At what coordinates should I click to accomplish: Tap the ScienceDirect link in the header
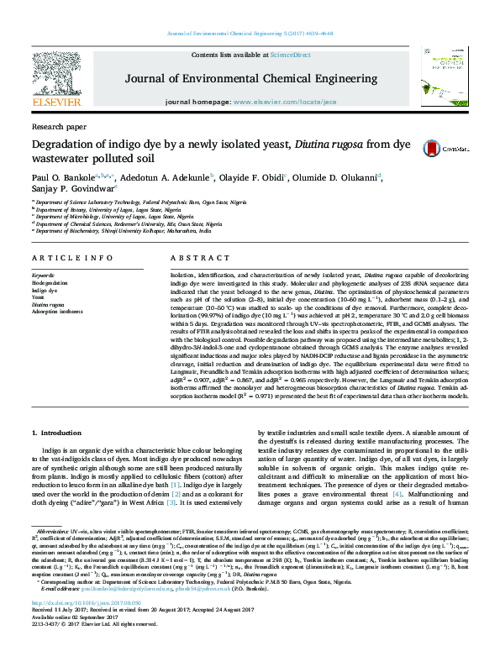(x=290, y=55)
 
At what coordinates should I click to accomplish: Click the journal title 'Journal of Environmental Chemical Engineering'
(x=250, y=79)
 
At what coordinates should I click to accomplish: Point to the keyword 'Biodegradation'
(x=51, y=283)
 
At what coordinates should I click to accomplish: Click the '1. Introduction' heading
(x=58, y=433)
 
